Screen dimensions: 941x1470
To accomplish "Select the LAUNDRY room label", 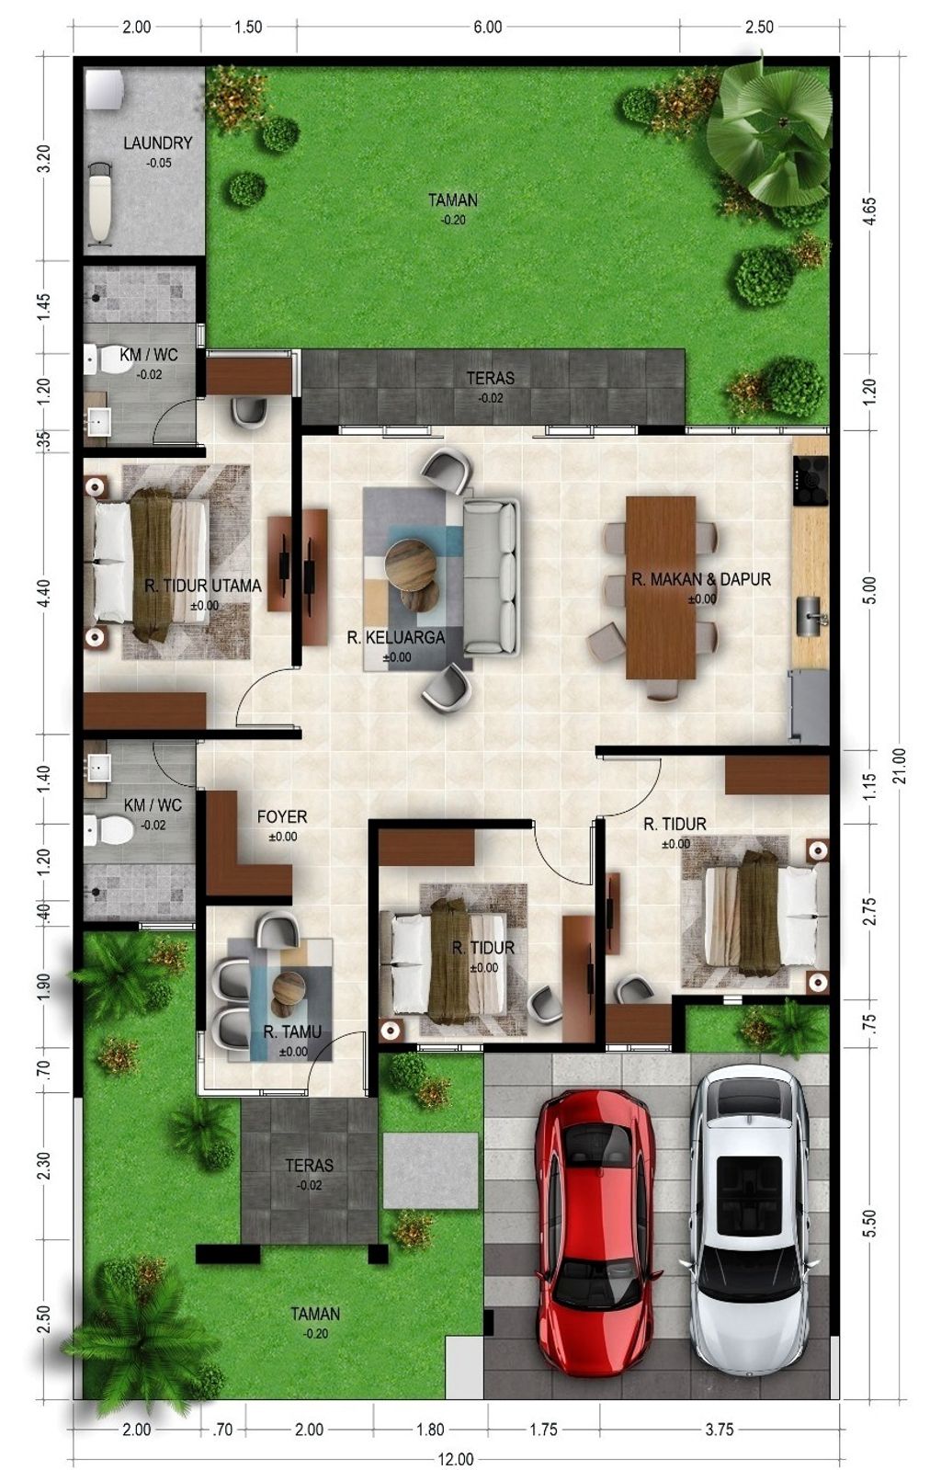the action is point(157,142).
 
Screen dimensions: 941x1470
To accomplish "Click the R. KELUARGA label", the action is point(396,637).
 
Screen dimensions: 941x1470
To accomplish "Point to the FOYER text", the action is point(282,816).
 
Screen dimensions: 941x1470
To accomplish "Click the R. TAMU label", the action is point(292,1031).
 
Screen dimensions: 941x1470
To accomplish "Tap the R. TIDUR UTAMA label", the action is point(203,586).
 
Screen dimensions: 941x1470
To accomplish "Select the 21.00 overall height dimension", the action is point(899,765).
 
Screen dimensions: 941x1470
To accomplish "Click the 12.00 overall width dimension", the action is point(456,1459).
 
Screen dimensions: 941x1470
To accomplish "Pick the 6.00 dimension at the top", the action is point(488,27).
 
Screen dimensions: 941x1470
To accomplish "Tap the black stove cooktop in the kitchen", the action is point(811,481).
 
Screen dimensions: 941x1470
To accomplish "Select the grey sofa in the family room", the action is point(492,576).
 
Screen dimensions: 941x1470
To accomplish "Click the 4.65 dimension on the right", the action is point(870,211).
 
